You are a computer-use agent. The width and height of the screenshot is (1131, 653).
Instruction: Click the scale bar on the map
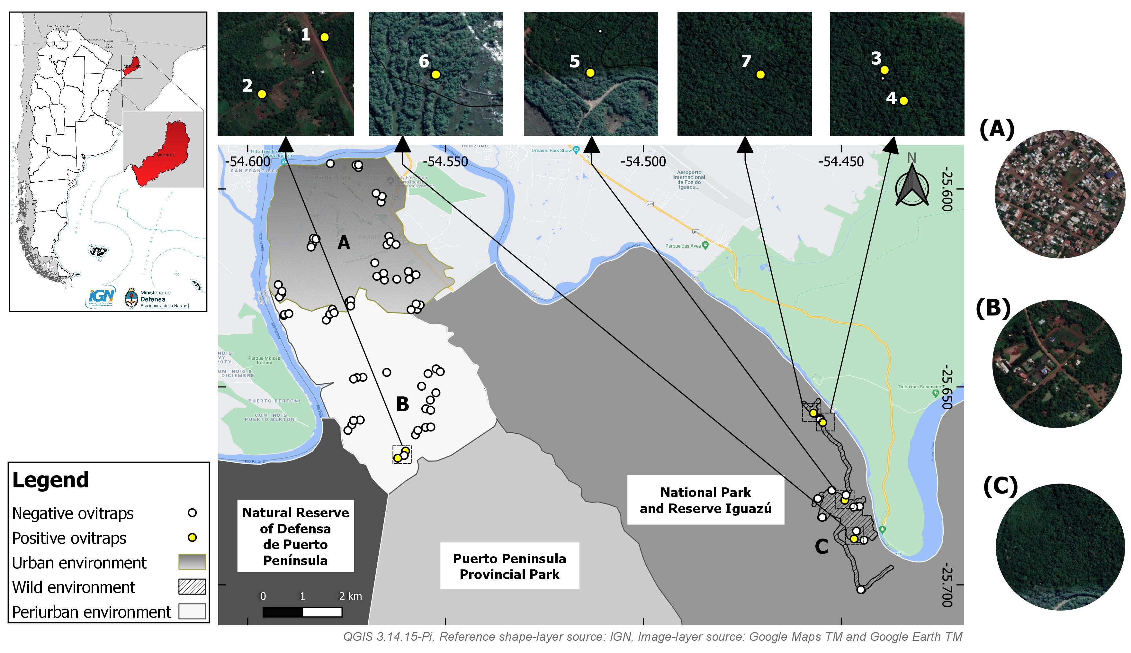302,612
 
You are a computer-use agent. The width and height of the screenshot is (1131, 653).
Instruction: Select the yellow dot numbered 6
436,75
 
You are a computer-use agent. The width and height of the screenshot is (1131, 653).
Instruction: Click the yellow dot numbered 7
760,75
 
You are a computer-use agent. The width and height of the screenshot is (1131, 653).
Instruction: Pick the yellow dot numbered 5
590,73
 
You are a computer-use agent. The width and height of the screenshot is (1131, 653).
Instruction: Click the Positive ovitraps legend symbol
192,537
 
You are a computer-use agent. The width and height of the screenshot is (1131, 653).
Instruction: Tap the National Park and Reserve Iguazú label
705,500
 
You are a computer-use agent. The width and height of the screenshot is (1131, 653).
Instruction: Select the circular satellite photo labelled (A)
1059,194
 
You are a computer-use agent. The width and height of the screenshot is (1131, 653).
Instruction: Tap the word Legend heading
51,480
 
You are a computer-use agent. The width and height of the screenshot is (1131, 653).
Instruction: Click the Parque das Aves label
683,246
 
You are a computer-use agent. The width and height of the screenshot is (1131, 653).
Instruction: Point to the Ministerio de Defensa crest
131,298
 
